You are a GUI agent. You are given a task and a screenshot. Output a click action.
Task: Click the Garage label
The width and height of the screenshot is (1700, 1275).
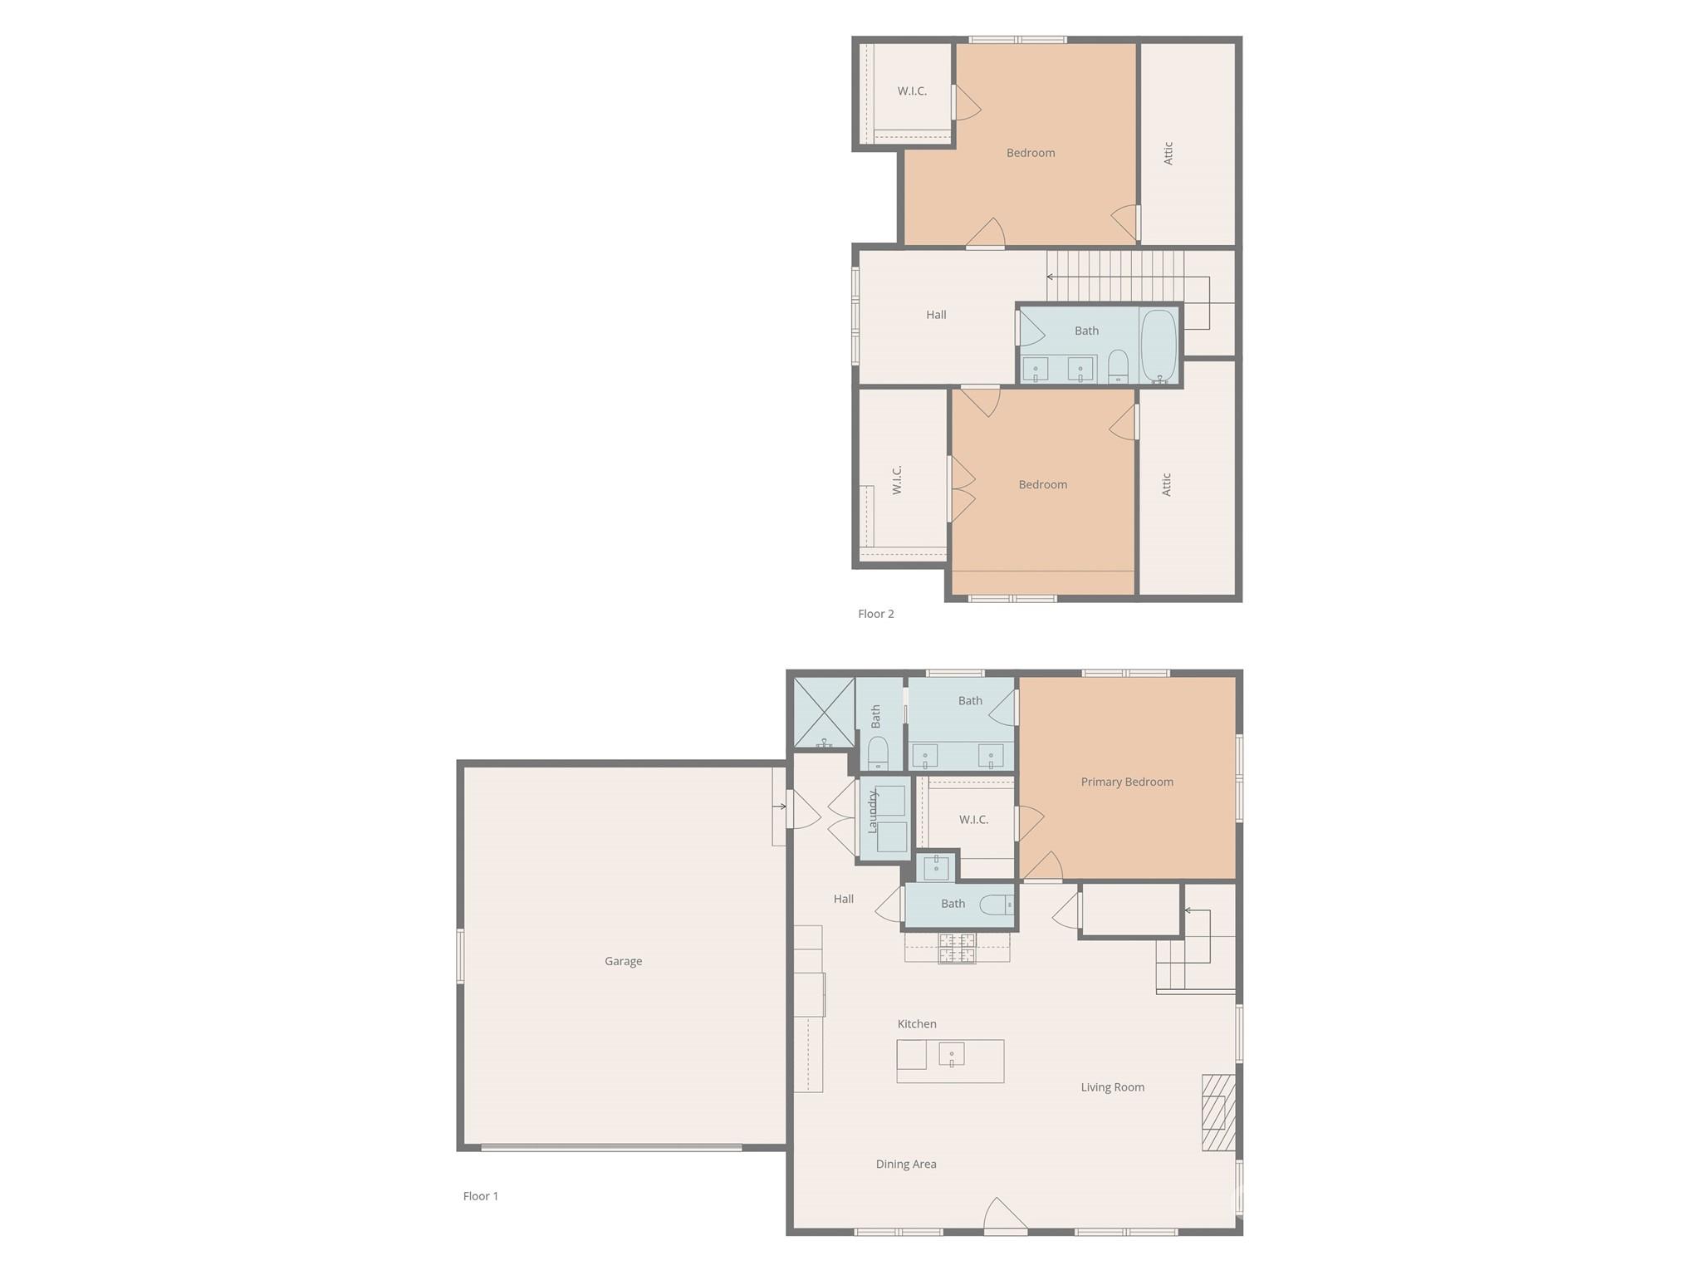(623, 961)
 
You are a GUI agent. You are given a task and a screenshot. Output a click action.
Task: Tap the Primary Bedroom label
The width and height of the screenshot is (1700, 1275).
(1127, 782)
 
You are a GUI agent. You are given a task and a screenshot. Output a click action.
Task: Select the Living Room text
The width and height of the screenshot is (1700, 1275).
(1112, 1087)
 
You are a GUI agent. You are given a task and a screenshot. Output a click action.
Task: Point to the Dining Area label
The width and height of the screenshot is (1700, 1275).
(906, 1164)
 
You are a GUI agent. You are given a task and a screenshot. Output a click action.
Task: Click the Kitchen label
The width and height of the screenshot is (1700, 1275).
(917, 1024)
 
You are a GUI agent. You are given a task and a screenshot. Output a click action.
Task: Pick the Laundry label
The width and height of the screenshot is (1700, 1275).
(873, 812)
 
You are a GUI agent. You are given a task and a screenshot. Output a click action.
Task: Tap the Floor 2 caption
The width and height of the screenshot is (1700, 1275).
(876, 614)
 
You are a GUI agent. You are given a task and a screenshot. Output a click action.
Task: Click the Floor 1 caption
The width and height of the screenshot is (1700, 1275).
(481, 1196)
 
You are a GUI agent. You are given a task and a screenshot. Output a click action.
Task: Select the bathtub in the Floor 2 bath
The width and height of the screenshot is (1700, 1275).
(1159, 346)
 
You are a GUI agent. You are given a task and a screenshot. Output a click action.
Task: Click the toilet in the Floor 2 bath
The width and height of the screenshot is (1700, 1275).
(1118, 366)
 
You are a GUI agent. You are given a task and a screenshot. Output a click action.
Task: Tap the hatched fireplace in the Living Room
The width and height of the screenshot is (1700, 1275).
(1218, 1112)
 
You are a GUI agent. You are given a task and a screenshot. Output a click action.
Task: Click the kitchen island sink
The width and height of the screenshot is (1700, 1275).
(952, 1055)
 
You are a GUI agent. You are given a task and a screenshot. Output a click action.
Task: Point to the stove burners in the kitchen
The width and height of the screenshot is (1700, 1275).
(957, 948)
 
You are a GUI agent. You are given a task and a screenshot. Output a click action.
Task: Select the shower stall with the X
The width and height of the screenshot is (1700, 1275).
(824, 713)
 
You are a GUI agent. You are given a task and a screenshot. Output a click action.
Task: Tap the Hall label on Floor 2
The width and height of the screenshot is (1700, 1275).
(936, 315)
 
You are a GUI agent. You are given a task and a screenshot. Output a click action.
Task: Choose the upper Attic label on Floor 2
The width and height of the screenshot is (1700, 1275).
(1168, 153)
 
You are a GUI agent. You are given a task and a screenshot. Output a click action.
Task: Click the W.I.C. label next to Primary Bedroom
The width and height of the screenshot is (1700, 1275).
(973, 820)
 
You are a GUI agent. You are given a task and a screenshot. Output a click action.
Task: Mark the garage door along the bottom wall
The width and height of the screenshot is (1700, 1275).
(611, 1148)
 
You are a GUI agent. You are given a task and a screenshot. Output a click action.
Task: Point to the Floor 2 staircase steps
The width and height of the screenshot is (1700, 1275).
(1115, 277)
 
